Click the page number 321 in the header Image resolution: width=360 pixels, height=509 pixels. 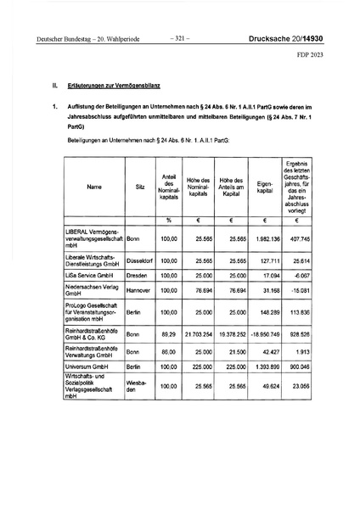click(179, 38)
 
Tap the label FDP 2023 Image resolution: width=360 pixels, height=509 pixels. click(319, 57)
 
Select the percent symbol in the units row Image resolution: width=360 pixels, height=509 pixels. click(169, 221)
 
